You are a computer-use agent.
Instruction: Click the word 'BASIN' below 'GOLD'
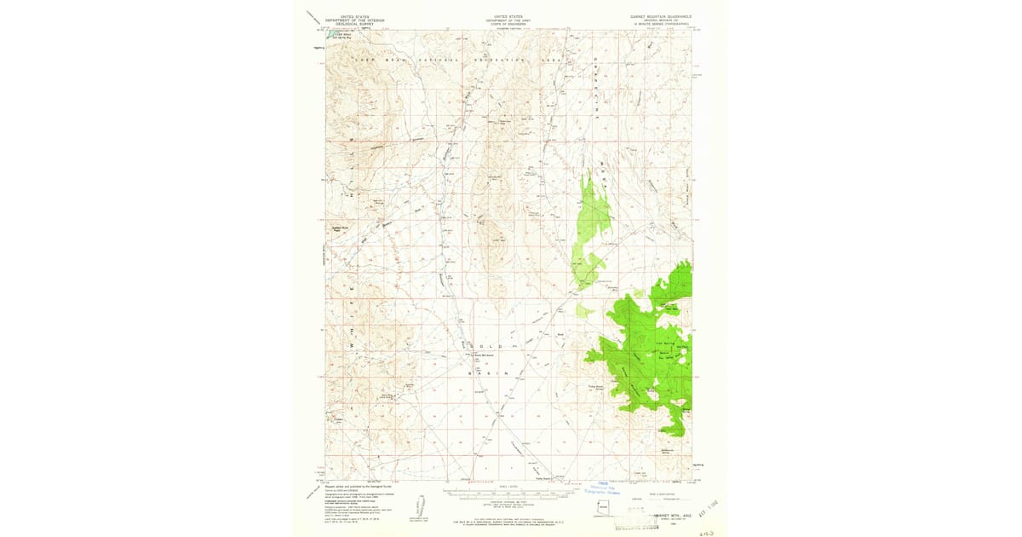(x=491, y=373)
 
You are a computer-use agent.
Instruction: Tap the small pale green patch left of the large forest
(x=583, y=312)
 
